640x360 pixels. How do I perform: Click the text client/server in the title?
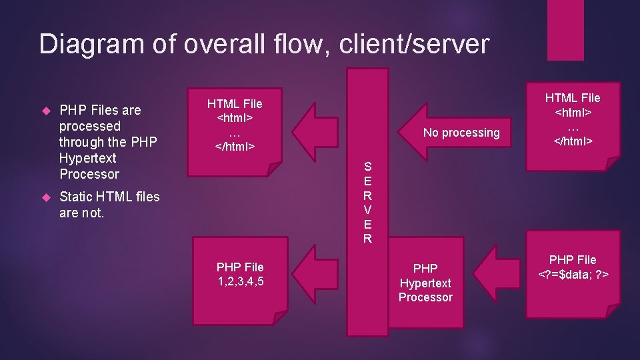coord(414,45)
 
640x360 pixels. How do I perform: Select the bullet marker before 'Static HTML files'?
coord(45,197)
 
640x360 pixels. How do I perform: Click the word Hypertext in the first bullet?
coord(88,158)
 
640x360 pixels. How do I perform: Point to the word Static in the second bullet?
coord(76,197)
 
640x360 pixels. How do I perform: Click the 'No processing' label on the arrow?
coord(461,133)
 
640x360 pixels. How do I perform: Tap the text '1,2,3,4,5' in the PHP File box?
coord(240,281)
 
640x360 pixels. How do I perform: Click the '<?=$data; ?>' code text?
coord(573,274)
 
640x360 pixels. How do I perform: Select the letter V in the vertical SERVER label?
coord(367,209)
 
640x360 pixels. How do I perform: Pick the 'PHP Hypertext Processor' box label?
coord(425,283)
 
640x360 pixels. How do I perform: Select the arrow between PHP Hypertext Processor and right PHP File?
coord(499,274)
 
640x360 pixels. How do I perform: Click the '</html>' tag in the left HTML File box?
coord(234,146)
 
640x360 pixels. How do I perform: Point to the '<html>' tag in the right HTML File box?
coord(573,111)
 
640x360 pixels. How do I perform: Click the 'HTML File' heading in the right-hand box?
coord(573,97)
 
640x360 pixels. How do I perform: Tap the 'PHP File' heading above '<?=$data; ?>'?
coord(573,259)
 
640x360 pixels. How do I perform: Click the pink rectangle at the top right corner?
coord(565,30)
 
